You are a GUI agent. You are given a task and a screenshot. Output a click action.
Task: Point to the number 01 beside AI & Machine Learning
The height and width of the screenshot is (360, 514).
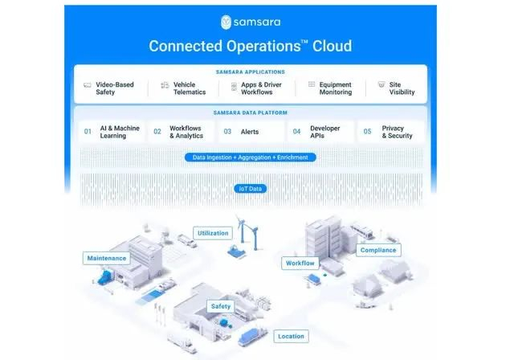click(88, 131)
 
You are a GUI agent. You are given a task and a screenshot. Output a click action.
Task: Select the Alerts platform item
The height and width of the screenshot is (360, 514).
click(250, 131)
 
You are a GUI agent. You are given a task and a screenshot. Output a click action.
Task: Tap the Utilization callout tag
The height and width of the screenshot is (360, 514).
click(213, 233)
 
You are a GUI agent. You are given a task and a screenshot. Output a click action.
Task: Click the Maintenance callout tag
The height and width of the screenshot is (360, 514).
click(105, 258)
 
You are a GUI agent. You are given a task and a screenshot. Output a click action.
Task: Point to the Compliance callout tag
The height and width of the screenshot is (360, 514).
click(377, 250)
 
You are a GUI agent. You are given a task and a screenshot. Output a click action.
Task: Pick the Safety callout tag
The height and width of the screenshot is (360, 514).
click(220, 306)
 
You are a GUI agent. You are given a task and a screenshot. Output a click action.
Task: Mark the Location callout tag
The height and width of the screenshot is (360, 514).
click(291, 336)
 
